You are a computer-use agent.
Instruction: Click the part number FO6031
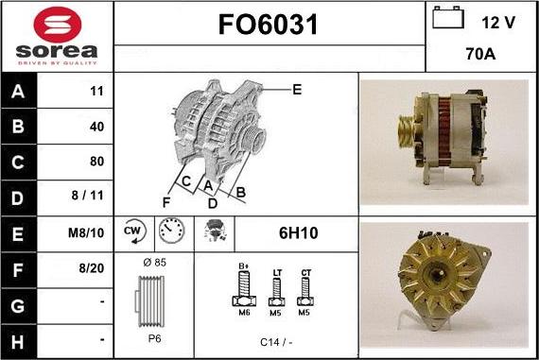(x=269, y=26)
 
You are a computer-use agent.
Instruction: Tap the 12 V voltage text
(x=497, y=21)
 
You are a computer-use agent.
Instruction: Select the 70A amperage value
(x=481, y=55)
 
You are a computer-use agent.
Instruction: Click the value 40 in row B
(x=96, y=127)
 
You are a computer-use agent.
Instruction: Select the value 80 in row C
(x=96, y=161)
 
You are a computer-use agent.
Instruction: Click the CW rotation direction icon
(x=132, y=231)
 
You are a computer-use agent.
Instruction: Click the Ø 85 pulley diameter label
(x=153, y=261)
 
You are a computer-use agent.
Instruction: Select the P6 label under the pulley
(x=153, y=337)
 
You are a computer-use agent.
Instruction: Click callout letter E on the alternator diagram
(x=296, y=91)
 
